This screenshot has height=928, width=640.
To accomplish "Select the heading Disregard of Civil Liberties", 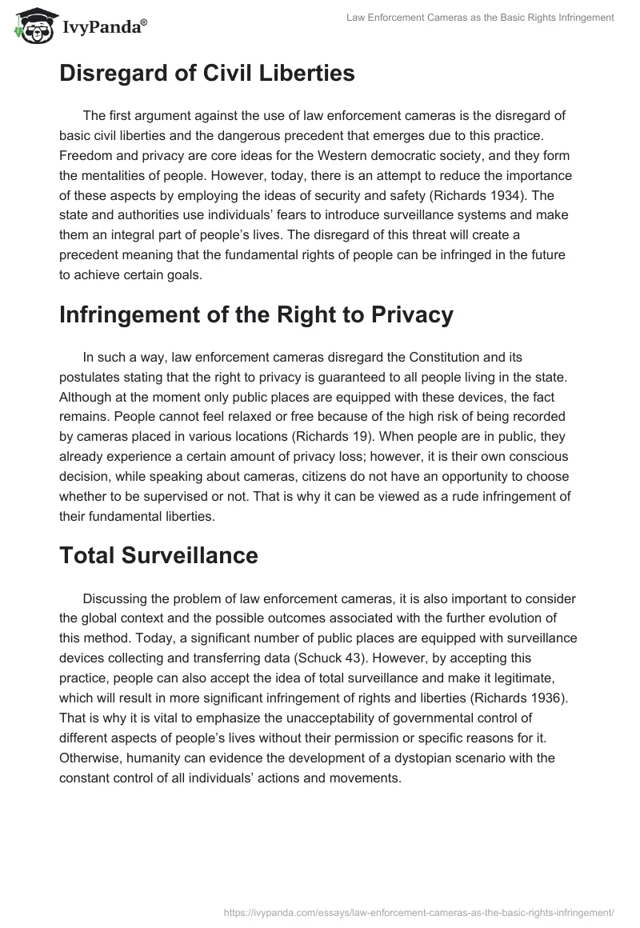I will (x=206, y=74).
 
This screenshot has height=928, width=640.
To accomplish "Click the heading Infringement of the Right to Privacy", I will (x=256, y=314).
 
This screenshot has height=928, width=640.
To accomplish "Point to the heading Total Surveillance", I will (x=158, y=555).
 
